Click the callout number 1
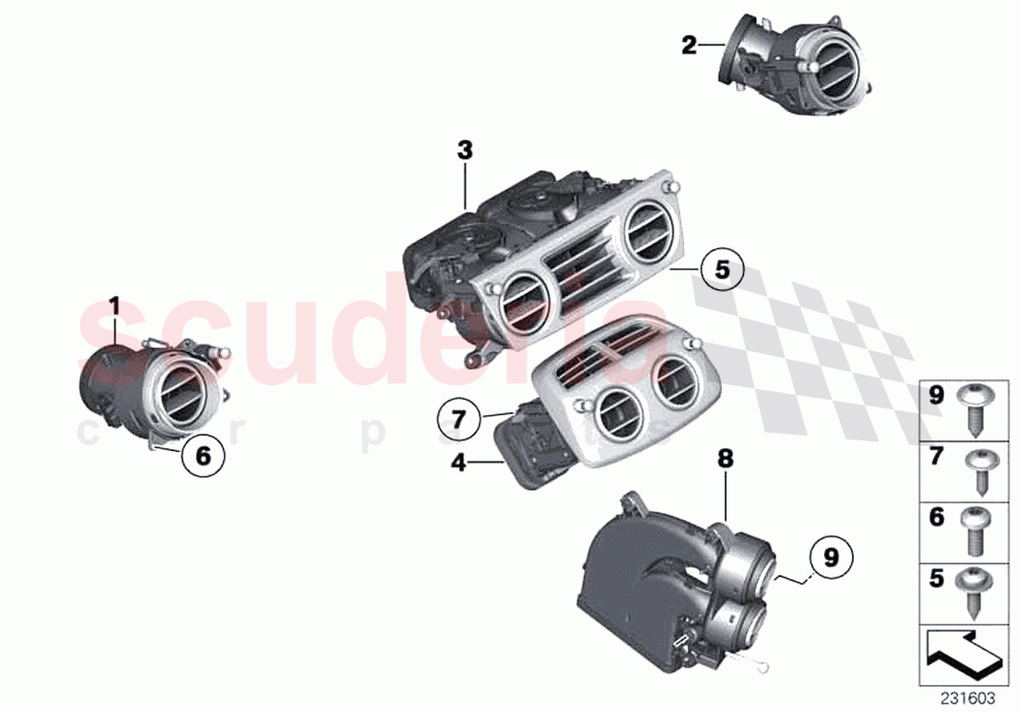coord(114,308)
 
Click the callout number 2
coord(688,45)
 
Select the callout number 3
coord(465,150)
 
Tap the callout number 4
coord(458,465)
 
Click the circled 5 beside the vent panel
coord(721,270)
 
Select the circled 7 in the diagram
coord(458,422)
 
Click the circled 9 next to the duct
coord(830,558)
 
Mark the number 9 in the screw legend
coord(936,396)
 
